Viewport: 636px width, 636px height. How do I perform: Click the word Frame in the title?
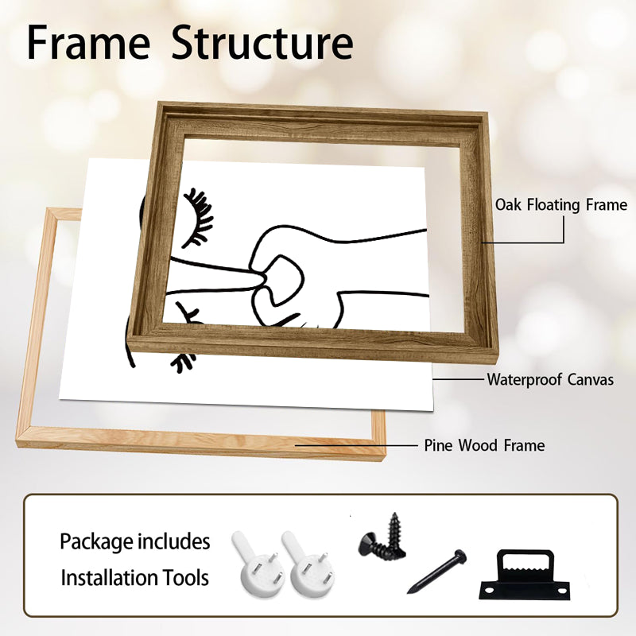[x=88, y=43]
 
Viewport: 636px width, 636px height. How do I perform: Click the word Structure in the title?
[x=262, y=43]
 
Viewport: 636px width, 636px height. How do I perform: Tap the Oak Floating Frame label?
[x=561, y=205]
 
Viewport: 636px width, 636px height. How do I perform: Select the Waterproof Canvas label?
[x=550, y=380]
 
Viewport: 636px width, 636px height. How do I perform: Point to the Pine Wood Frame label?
[x=484, y=445]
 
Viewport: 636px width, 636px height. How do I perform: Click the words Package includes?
[x=134, y=541]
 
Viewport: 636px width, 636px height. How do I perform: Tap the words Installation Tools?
[x=134, y=578]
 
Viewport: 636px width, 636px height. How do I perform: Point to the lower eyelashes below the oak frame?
[x=183, y=362]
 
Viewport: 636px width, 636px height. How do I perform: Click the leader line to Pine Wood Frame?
[x=355, y=445]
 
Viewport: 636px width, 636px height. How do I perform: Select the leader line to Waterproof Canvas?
[x=459, y=380]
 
